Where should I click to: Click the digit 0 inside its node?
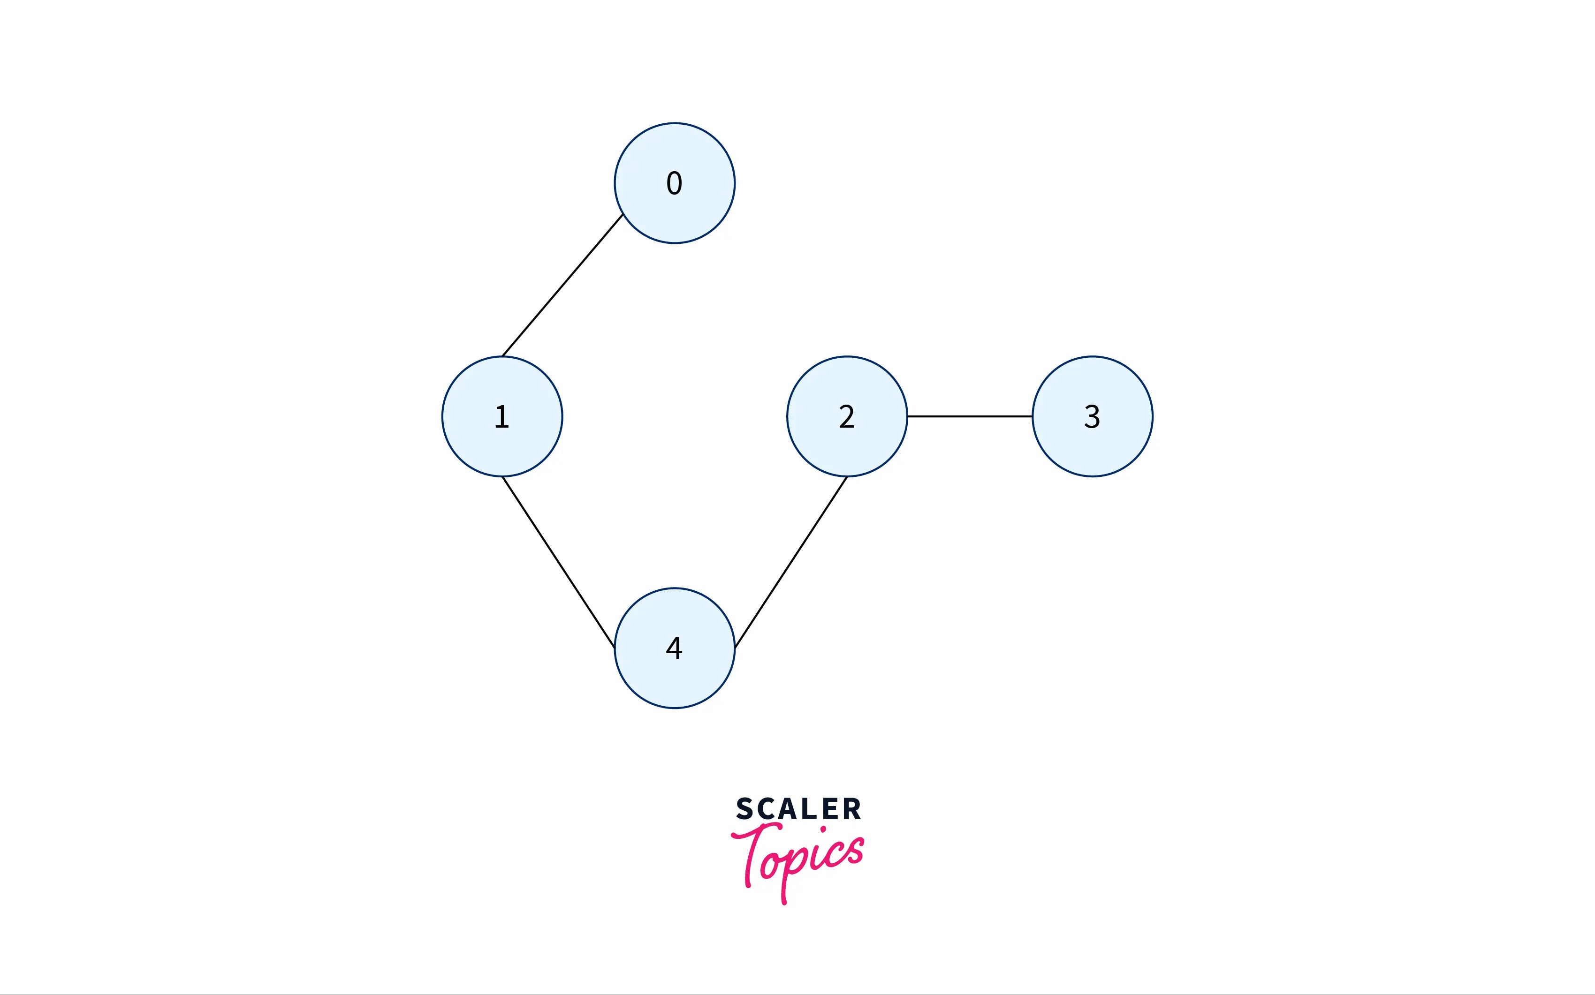(x=674, y=183)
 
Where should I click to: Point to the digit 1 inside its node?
(x=501, y=416)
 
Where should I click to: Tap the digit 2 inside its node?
(x=847, y=416)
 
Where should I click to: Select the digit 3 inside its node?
(x=1092, y=416)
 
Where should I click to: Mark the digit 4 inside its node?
(x=674, y=648)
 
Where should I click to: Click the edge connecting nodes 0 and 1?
(x=562, y=286)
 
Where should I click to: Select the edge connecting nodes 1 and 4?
(x=558, y=562)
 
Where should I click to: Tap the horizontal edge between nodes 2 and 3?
(x=970, y=416)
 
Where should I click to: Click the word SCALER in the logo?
(x=798, y=809)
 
